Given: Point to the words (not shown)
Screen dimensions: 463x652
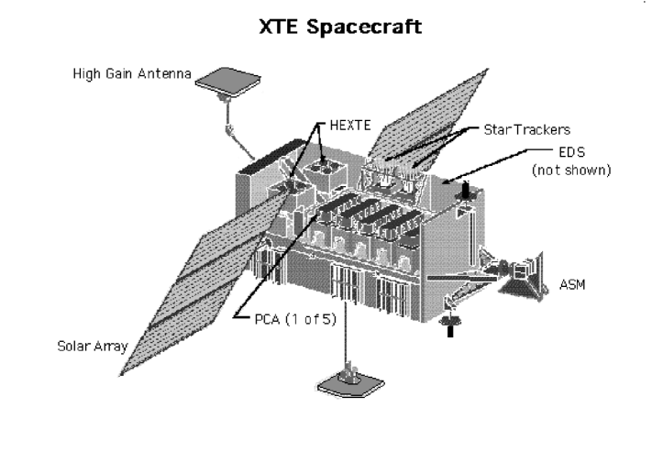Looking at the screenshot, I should point(572,171).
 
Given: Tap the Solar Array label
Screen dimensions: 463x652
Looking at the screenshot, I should point(89,346).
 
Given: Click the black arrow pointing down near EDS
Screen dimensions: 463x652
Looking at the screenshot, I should point(465,190).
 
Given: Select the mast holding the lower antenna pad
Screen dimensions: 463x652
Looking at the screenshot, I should point(346,344).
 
